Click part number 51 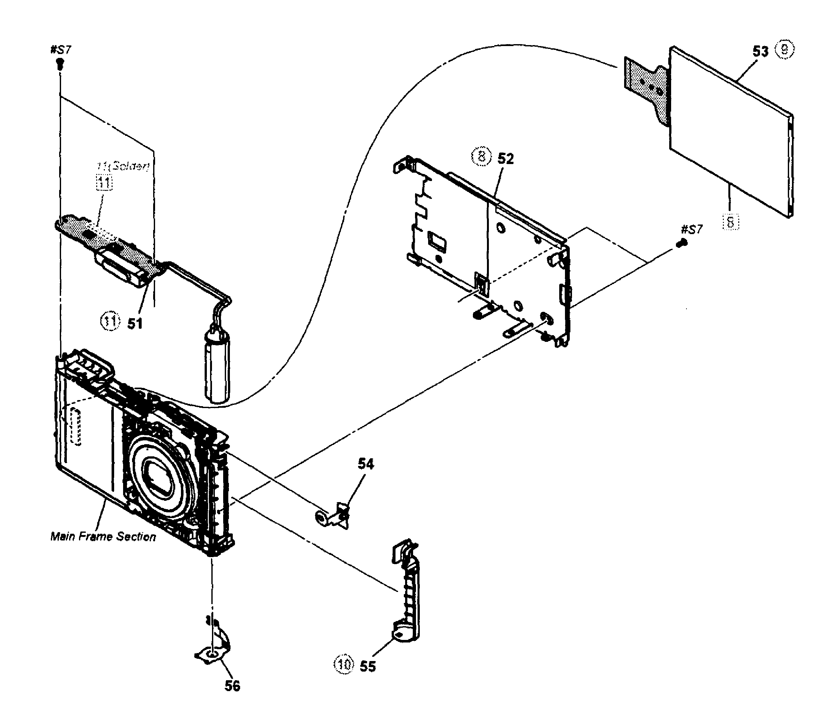coord(135,323)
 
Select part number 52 coord(505,159)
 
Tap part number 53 coord(760,52)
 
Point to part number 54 coord(365,464)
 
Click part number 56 coord(232,686)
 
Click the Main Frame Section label coord(103,537)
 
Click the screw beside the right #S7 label coord(682,245)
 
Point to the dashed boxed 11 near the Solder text coord(105,183)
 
